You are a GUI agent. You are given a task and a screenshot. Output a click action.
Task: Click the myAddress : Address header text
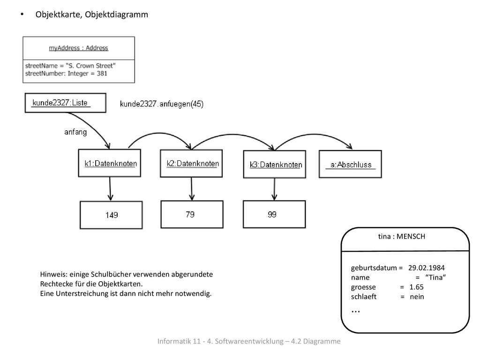pyautogui.click(x=79, y=48)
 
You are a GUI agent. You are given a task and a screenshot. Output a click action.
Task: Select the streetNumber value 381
pyautogui.click(x=102, y=74)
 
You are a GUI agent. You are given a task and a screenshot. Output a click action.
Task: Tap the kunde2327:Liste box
pyautogui.click(x=66, y=103)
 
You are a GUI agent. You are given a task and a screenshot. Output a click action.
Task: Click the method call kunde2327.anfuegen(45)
pyautogui.click(x=162, y=104)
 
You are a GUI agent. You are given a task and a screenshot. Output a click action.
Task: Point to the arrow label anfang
pyautogui.click(x=75, y=132)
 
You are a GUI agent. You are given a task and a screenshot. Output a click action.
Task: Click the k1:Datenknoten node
pyautogui.click(x=110, y=163)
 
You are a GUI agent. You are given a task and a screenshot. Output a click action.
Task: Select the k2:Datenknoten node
pyautogui.click(x=191, y=164)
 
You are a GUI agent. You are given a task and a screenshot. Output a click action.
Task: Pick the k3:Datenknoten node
pyautogui.click(x=275, y=165)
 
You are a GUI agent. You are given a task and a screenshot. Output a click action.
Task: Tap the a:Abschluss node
pyautogui.click(x=350, y=164)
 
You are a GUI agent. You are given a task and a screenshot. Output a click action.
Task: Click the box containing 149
pyautogui.click(x=111, y=215)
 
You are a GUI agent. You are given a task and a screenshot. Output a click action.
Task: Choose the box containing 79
pyautogui.click(x=192, y=214)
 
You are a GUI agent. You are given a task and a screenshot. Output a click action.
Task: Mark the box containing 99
pyautogui.click(x=274, y=214)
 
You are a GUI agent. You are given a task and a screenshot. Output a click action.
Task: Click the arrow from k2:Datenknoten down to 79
pyautogui.click(x=192, y=189)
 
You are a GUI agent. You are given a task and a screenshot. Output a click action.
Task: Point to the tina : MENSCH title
pyautogui.click(x=402, y=236)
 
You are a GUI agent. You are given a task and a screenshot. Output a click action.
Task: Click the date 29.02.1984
pyautogui.click(x=427, y=268)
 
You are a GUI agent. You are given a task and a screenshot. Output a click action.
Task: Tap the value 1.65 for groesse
pyautogui.click(x=416, y=287)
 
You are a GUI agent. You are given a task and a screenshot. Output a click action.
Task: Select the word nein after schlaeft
pyautogui.click(x=417, y=297)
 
